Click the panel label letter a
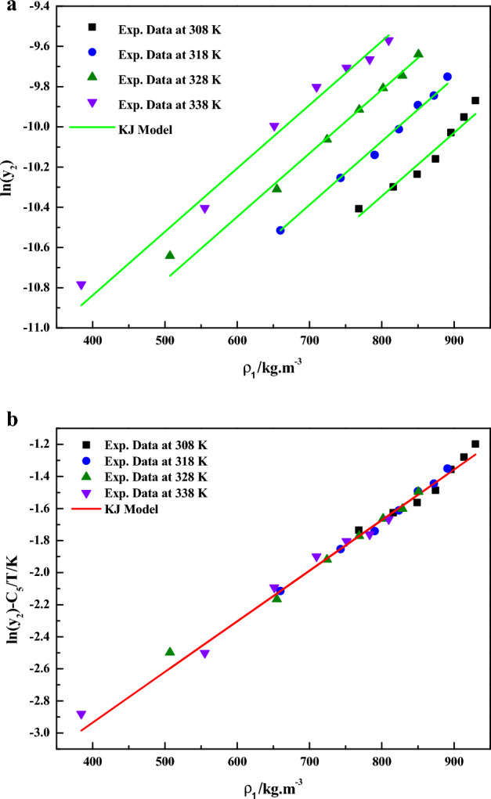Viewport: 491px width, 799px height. click(8, 9)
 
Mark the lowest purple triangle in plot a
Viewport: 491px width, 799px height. click(81, 286)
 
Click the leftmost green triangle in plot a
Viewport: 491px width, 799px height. click(170, 254)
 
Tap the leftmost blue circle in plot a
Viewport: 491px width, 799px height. click(280, 230)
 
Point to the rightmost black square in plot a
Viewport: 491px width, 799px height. click(475, 100)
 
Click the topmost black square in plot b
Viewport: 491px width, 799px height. click(475, 444)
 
